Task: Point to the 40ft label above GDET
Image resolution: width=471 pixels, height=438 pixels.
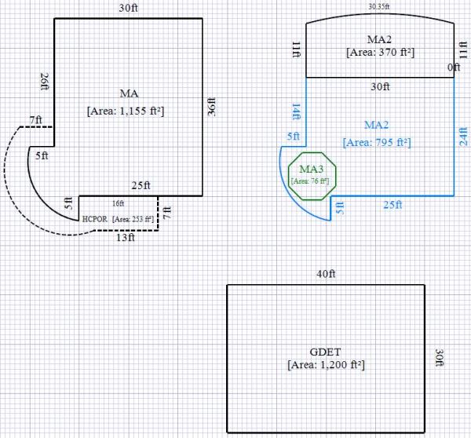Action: pos(326,274)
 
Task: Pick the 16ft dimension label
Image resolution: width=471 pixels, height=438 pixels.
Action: pos(118,203)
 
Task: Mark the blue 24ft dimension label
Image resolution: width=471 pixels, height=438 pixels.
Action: pos(463,137)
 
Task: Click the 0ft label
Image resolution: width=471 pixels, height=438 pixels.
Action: pos(454,69)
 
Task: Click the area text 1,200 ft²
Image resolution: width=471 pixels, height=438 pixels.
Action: pos(326,365)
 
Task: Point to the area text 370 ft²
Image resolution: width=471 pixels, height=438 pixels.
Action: pos(380,53)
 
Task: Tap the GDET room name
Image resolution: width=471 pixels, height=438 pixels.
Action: pos(326,351)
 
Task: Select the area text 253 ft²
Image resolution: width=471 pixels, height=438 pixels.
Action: pos(133,219)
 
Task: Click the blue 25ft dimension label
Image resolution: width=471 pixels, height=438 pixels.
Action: pos(392,205)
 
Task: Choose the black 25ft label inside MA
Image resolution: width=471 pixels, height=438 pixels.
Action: pos(141,185)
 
